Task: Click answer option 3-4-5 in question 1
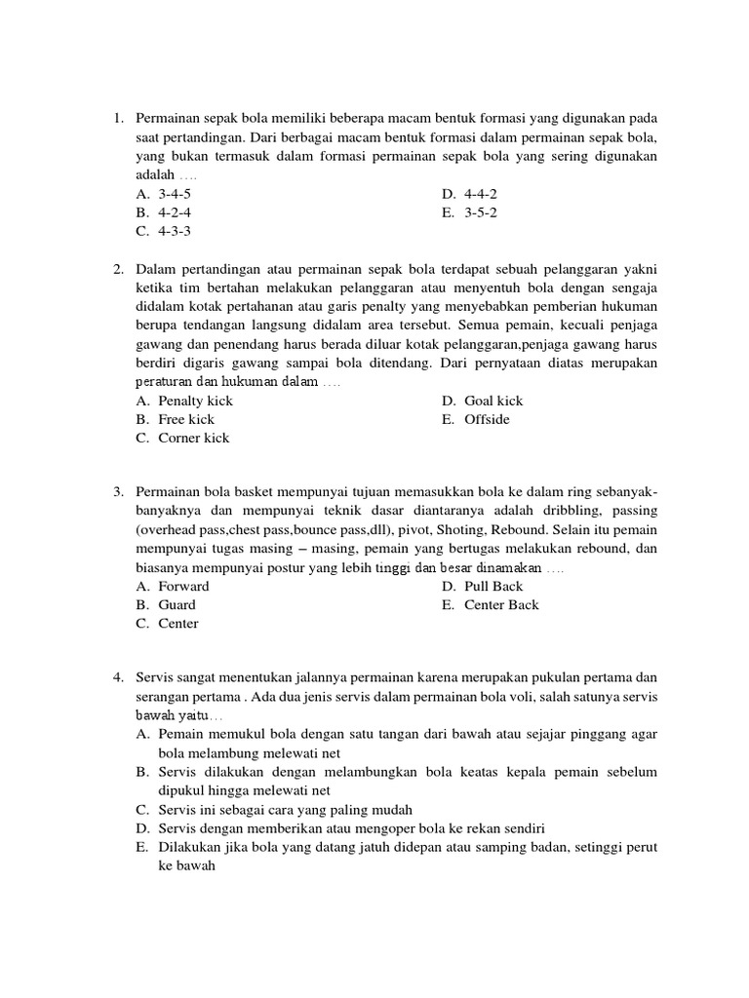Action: point(175,194)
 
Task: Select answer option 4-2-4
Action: point(175,212)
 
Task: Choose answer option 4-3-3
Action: point(175,231)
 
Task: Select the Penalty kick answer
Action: point(195,401)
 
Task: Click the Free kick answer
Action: point(185,419)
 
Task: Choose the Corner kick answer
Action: point(194,438)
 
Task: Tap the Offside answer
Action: point(487,419)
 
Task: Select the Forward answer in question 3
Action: point(183,586)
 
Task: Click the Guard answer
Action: point(177,604)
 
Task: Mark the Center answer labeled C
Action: point(178,623)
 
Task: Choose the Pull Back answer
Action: point(493,586)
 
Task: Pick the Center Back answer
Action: point(501,604)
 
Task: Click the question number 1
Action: point(117,119)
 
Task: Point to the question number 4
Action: point(117,675)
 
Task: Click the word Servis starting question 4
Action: point(155,675)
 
